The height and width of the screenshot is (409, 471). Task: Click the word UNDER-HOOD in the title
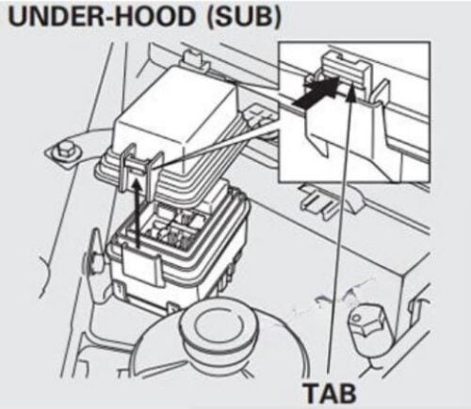point(101,16)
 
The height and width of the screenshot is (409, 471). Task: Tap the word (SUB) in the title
point(243,16)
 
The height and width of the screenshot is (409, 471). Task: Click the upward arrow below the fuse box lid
point(137,213)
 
